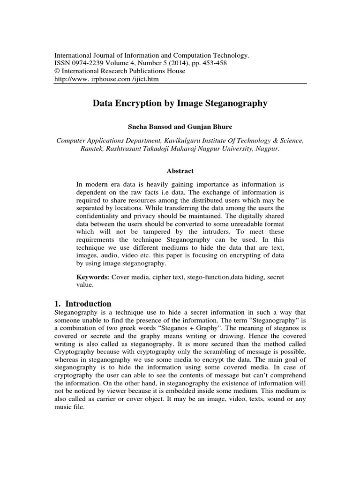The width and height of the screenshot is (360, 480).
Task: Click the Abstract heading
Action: pos(180,171)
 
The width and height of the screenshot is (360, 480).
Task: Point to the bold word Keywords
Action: pos(92,277)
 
